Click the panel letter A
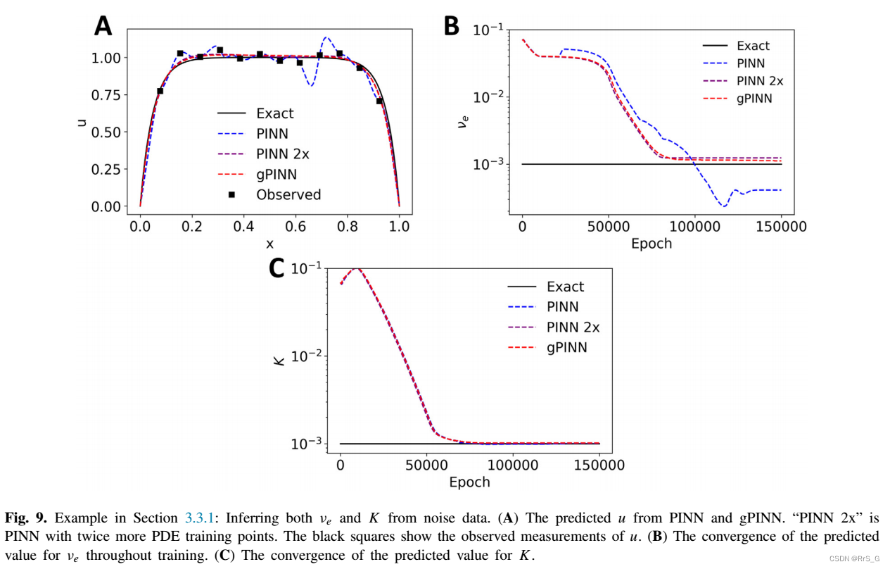103,26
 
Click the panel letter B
451,26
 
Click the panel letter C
277,268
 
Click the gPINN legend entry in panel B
754,99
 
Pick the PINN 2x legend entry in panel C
573,327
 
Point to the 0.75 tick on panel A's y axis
106,95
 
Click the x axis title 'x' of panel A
269,244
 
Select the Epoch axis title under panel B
651,244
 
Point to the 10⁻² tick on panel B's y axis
487,97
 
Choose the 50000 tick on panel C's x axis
426,465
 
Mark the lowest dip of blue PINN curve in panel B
723,206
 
